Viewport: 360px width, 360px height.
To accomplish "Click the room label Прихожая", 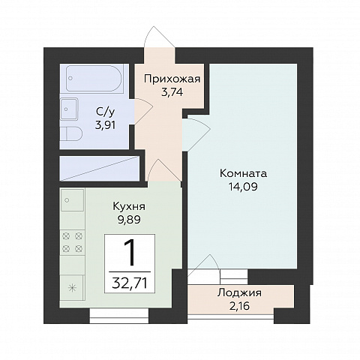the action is (172, 79).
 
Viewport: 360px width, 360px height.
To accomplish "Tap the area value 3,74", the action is (172, 92).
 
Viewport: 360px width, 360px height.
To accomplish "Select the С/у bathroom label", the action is (105, 112).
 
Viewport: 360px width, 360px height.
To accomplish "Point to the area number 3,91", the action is (105, 125).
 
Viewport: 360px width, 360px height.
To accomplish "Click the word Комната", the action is (243, 173).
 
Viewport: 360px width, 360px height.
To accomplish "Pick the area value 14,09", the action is (243, 187).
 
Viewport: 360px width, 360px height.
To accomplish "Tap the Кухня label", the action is (129, 206).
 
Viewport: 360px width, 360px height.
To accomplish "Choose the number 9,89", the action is (129, 220).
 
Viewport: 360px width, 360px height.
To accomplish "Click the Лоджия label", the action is (239, 292).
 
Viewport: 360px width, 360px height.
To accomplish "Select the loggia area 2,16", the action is (239, 305).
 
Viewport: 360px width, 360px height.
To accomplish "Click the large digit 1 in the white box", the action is (130, 253).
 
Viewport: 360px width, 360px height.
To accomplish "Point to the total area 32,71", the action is (130, 283).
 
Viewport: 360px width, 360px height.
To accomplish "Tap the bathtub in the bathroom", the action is (94, 78).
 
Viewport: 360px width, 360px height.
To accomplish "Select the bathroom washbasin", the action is (69, 109).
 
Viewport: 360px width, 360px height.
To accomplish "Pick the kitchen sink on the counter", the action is (72, 200).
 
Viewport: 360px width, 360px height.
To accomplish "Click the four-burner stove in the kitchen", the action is (72, 242).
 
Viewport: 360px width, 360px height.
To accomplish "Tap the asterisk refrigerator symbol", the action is (71, 288).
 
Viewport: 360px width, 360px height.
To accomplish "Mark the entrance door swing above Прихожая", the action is (159, 37).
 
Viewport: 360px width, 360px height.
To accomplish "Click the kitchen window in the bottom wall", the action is (119, 316).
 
